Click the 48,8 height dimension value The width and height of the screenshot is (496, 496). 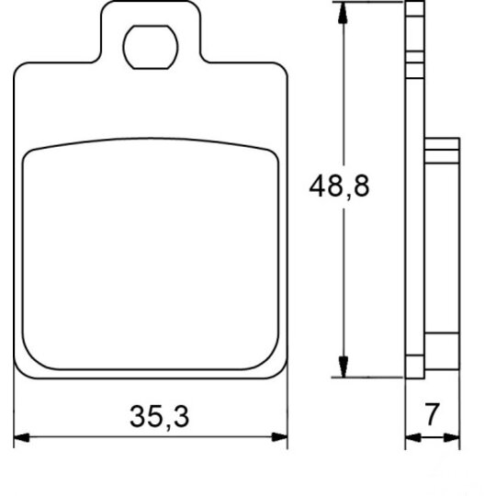[x=339, y=186]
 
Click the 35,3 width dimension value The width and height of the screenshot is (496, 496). [x=160, y=417]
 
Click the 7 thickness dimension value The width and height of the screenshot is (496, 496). [x=432, y=413]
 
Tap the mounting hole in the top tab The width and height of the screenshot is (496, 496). [x=151, y=47]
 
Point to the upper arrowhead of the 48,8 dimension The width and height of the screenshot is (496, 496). [x=343, y=13]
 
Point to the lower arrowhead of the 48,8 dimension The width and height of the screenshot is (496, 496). [x=343, y=366]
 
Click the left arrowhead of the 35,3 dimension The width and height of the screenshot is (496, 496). [x=21, y=437]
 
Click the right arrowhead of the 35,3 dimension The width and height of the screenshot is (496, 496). [x=279, y=437]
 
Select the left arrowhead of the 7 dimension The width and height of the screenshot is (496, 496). [x=413, y=438]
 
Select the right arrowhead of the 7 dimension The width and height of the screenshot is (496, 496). [x=452, y=438]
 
